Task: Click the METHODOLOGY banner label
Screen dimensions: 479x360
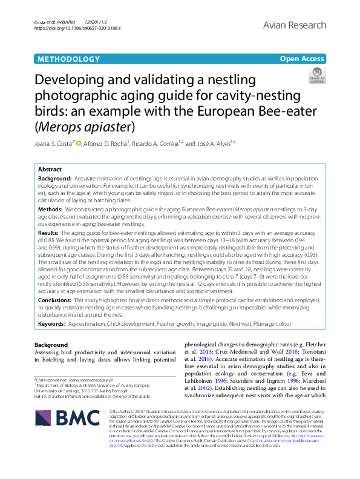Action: (68, 59)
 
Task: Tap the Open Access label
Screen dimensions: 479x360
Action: (301, 59)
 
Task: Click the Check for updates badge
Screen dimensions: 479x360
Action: (316, 76)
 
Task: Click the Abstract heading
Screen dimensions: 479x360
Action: (50, 171)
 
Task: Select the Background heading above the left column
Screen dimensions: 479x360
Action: (51, 345)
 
